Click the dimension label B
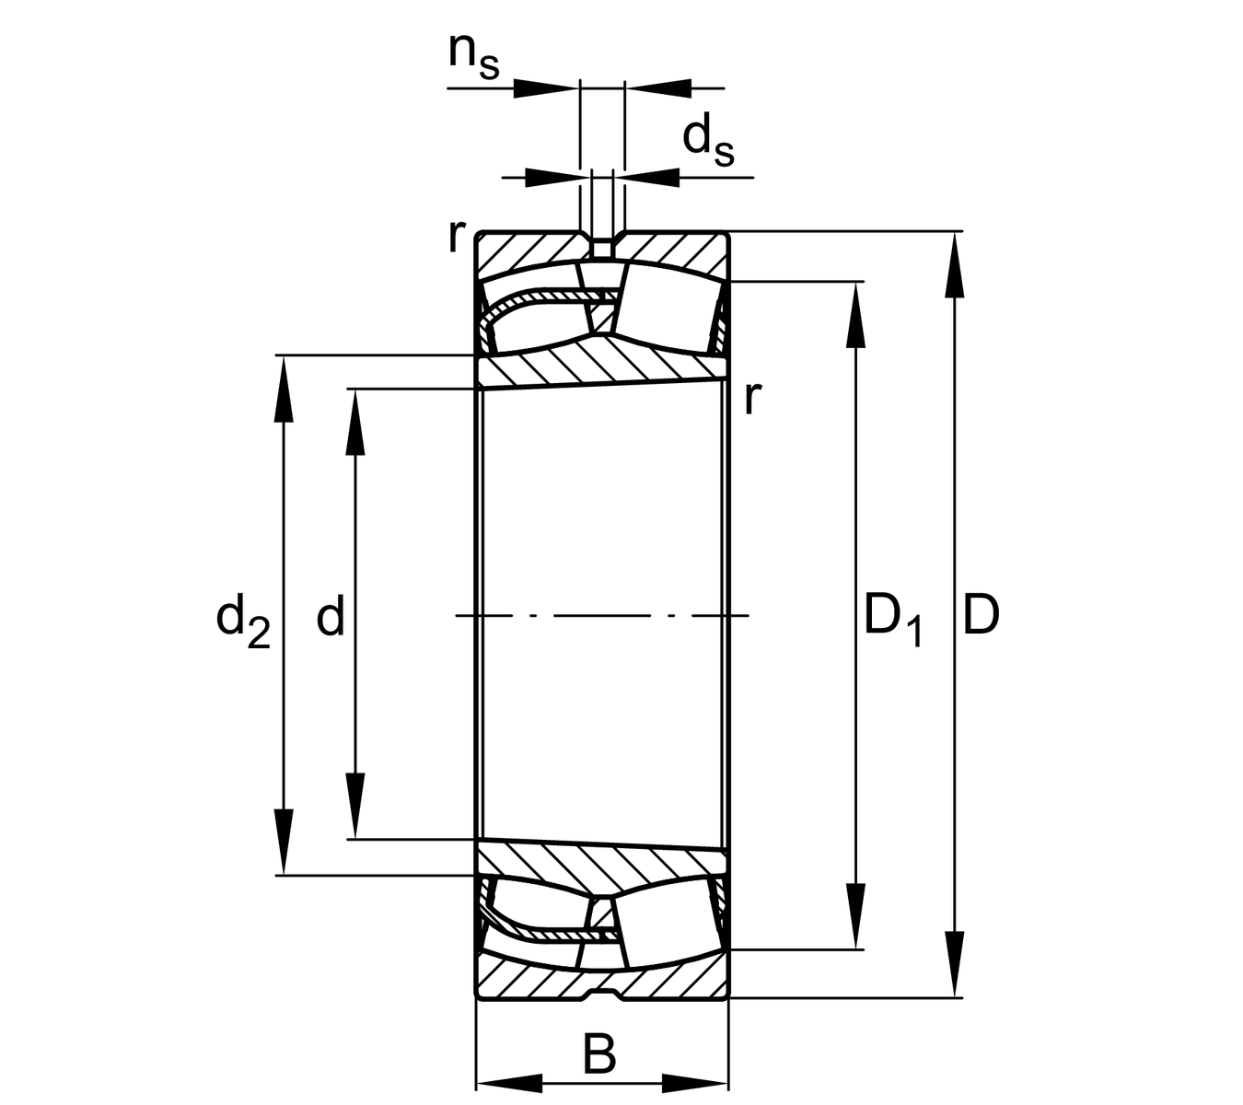[599, 1055]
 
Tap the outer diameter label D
[981, 616]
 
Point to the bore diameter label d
[330, 616]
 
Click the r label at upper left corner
[456, 237]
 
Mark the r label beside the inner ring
[752, 398]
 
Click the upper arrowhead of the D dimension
[955, 262]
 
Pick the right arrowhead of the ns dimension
[658, 87]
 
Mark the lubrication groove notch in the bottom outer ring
[602, 994]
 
